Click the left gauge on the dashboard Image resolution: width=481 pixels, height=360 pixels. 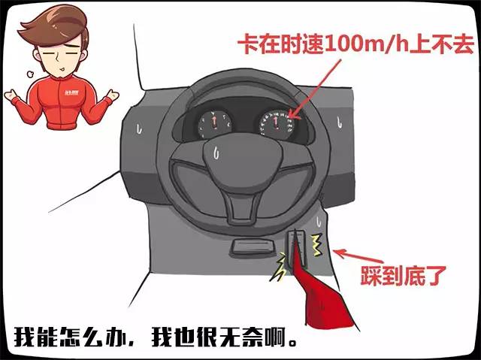tap(215, 124)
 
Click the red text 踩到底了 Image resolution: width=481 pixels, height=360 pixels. tap(403, 276)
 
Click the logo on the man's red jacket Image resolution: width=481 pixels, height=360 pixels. tap(72, 92)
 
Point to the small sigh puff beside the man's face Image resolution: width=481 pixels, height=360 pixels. tap(30, 74)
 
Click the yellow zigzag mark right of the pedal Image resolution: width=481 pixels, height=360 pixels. tap(317, 245)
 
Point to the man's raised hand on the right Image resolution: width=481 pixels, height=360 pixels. tap(111, 95)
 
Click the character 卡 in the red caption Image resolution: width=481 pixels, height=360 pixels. tap(248, 45)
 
